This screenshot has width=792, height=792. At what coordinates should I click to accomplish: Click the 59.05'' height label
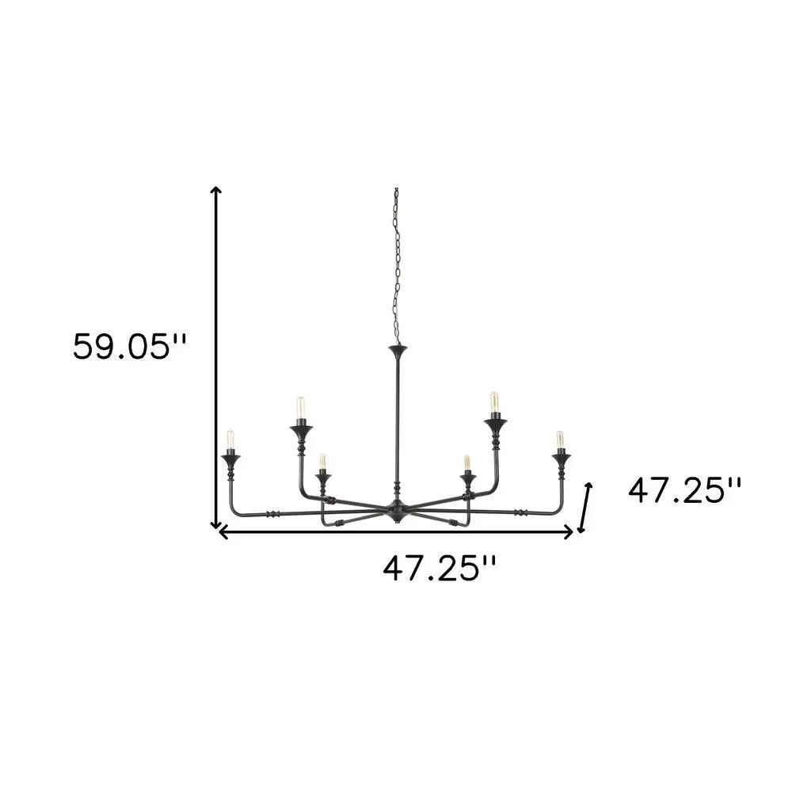[131, 347]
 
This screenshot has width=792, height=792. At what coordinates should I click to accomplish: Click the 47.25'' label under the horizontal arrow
[440, 568]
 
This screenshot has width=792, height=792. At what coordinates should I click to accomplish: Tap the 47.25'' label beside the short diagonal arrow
[685, 491]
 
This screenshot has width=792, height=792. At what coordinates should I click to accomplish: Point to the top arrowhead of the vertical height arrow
[215, 190]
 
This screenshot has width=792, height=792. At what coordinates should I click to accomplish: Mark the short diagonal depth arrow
[586, 508]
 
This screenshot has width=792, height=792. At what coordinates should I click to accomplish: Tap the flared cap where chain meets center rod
[396, 348]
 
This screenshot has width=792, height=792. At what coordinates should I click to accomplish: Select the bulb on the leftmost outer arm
[230, 440]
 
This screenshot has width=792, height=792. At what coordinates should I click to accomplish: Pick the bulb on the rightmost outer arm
[560, 440]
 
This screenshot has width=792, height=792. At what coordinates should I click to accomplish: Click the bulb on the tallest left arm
[300, 408]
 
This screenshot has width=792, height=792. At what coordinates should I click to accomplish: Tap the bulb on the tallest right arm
[494, 403]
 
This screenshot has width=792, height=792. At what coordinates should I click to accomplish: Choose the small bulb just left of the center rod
[322, 462]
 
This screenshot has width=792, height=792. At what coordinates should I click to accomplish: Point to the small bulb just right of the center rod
[467, 463]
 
